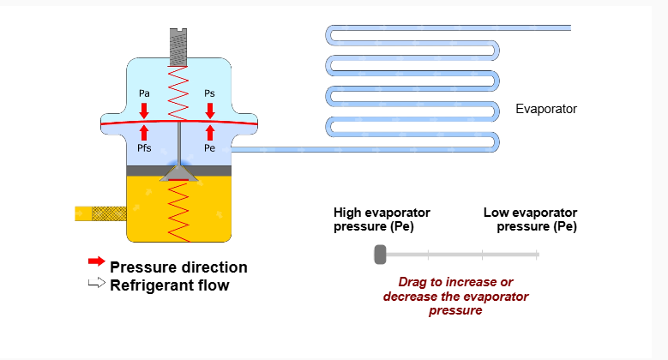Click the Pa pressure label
click(144, 93)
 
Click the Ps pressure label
click(210, 93)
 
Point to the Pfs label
click(145, 148)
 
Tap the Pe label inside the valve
click(210, 148)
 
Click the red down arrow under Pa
click(144, 110)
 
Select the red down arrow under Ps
click(210, 110)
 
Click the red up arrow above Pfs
click(144, 133)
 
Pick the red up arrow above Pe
click(210, 133)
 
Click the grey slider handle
click(380, 254)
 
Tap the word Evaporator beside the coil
click(546, 109)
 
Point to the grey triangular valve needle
click(178, 173)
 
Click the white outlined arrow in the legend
click(96, 284)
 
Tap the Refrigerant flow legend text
click(170, 285)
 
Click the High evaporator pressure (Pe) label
click(382, 219)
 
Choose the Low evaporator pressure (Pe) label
click(530, 219)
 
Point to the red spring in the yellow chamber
click(178, 210)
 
